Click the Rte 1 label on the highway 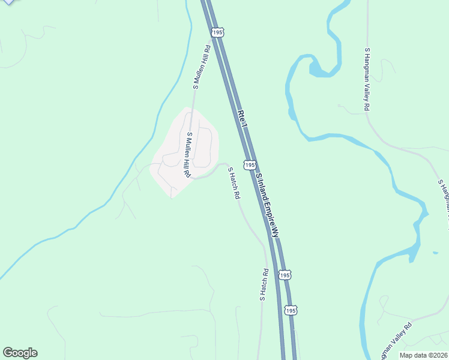pos(242,118)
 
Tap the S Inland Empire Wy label pos(268,205)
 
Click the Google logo pos(20,353)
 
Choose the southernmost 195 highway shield pos(291,310)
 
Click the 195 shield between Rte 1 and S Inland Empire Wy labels pos(250,164)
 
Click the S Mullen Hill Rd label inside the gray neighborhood pos(188,155)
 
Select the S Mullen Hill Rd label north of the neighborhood pos(201,68)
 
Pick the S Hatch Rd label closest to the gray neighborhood pos(234,183)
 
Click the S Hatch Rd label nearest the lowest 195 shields pos(263,284)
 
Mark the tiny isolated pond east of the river pos(435,253)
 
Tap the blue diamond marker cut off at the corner pos(7,2)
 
